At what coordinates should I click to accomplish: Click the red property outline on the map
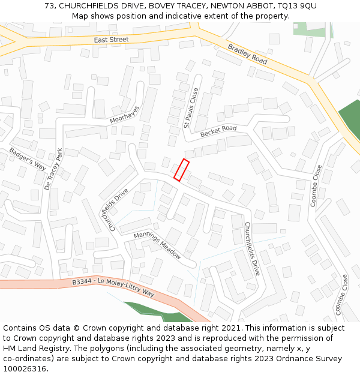click(x=181, y=170)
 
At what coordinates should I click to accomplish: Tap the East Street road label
click(x=111, y=40)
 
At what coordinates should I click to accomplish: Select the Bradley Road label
click(x=247, y=54)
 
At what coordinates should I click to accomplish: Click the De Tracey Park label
click(x=53, y=169)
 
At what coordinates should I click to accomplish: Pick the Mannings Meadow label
click(x=157, y=245)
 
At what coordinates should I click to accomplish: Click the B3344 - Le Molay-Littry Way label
click(x=113, y=287)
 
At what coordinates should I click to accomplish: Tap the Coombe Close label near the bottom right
click(x=342, y=295)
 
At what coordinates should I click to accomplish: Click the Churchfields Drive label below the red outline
click(x=252, y=248)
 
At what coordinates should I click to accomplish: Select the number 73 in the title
click(x=49, y=5)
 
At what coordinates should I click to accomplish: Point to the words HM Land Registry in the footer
click(x=31, y=349)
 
